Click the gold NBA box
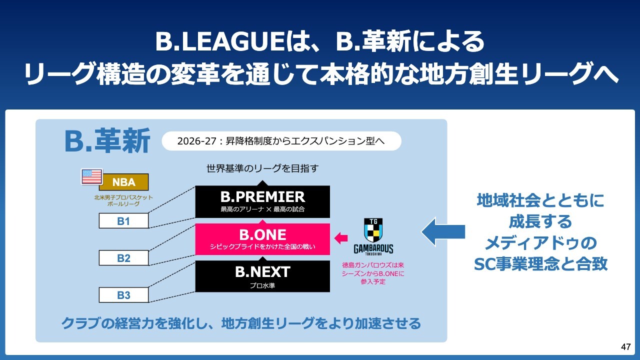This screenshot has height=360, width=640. coord(123,182)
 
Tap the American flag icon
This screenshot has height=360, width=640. coord(91,176)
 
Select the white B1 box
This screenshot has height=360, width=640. coord(123,220)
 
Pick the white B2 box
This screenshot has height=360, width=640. coord(123,258)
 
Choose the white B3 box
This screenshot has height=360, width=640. coord(123,295)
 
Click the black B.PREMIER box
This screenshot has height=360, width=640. coord(262,201)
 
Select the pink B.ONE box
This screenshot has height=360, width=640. coord(262,239)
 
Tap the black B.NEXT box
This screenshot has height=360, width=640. coord(262,276)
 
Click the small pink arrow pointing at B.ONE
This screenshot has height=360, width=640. coord(341,238)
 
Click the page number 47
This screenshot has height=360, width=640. coord(625,347)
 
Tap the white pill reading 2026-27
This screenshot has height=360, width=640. coord(281,141)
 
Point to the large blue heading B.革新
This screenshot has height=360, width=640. coord(107,142)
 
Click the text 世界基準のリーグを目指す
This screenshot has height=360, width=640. coord(262,169)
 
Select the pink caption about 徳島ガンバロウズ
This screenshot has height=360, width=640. coord(372,273)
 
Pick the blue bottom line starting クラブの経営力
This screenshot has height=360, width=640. coord(241,323)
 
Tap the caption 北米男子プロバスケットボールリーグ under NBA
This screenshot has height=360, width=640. coord(123,200)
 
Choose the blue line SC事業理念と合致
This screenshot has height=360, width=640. coord(540,263)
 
